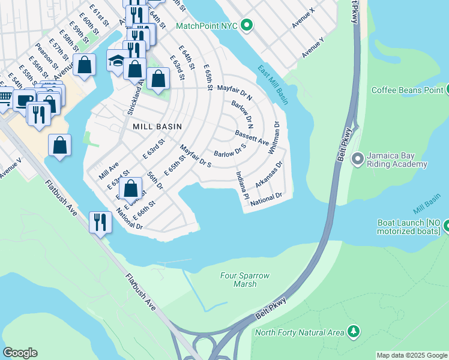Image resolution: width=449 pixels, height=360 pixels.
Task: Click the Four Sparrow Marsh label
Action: coord(244,280)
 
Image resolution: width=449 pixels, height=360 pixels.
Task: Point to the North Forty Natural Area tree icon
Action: coord(354,332)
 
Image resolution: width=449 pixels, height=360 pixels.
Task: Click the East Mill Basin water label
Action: coord(273,83)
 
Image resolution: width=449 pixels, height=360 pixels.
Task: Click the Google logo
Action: coord(20,353)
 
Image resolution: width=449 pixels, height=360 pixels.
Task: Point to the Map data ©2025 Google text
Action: coord(411,355)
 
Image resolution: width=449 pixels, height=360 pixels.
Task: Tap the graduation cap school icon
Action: coord(116,61)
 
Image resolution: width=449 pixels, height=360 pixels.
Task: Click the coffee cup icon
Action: coord(25,101)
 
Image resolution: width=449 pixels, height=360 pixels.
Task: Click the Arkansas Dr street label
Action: coord(268,174)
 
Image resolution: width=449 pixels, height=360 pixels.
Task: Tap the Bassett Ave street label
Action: coord(252,137)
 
